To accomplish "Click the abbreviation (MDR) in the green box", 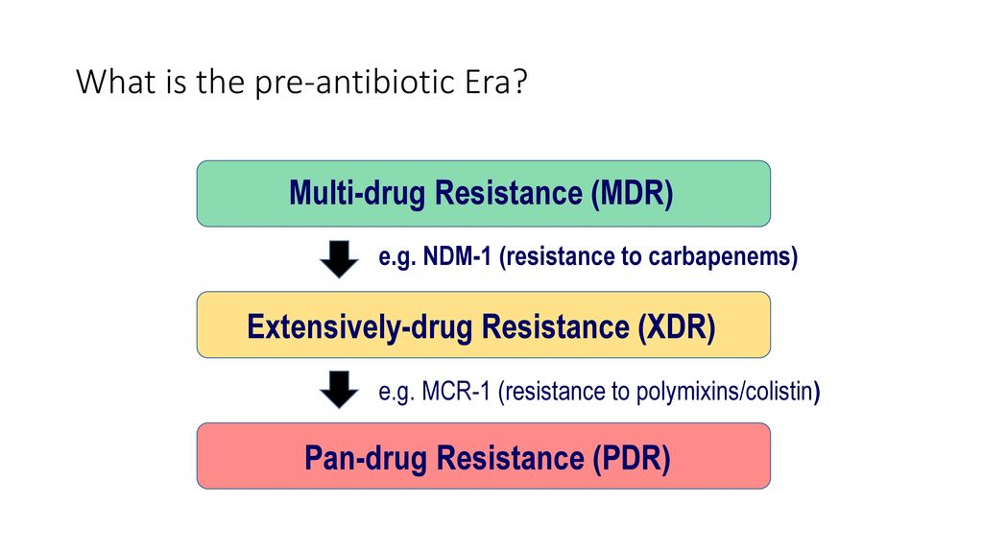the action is [x=632, y=192].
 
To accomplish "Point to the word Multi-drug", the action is [x=357, y=193].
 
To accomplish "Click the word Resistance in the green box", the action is [x=509, y=192].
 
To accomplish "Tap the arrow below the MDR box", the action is [x=339, y=259].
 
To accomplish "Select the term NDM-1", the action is [x=457, y=256].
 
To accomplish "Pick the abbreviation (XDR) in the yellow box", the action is [x=677, y=326].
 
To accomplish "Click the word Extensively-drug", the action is [x=360, y=327].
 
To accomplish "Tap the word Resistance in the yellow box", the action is [x=556, y=326].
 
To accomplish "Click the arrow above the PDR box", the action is [x=339, y=390].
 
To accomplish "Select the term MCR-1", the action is [x=456, y=392].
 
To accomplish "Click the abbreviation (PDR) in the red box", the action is [x=632, y=458].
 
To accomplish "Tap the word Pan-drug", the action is [x=366, y=458].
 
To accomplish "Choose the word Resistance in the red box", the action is [x=511, y=458].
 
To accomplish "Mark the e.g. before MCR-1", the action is [x=396, y=393].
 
